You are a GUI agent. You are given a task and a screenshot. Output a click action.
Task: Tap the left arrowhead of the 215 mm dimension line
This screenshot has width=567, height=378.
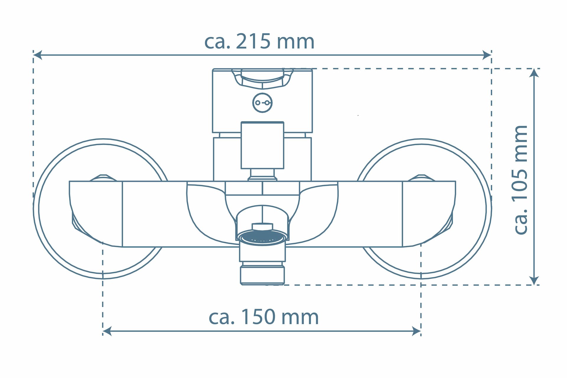[x=38, y=55]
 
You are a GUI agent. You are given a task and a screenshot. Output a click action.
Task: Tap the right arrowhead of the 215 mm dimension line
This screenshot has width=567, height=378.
[x=487, y=55]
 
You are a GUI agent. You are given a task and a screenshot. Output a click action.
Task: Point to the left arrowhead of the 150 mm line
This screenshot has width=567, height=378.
[x=107, y=331]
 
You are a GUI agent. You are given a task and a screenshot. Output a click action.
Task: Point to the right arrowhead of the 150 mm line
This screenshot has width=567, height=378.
[x=416, y=331]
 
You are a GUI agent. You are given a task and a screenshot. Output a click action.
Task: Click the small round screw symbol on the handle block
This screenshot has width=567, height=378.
[x=262, y=103]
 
